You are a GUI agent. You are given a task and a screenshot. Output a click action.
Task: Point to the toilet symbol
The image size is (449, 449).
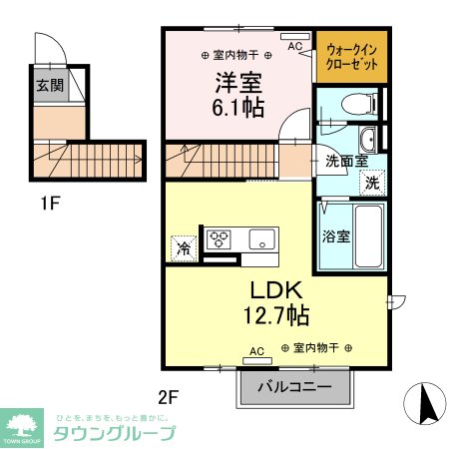(354, 103)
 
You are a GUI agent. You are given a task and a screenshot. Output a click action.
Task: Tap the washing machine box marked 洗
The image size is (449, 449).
(370, 183)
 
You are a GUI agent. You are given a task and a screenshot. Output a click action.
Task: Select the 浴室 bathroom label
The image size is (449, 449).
(334, 237)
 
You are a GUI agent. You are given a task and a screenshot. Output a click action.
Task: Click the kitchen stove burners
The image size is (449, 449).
(220, 238)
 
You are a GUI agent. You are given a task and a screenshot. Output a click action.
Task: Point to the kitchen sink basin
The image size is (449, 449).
(262, 238)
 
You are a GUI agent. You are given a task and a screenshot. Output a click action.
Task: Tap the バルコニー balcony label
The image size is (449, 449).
(296, 386)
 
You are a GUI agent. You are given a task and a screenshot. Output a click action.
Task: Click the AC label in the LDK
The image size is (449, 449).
(256, 351)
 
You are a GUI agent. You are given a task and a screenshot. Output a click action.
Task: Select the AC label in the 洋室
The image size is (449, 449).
(294, 46)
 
